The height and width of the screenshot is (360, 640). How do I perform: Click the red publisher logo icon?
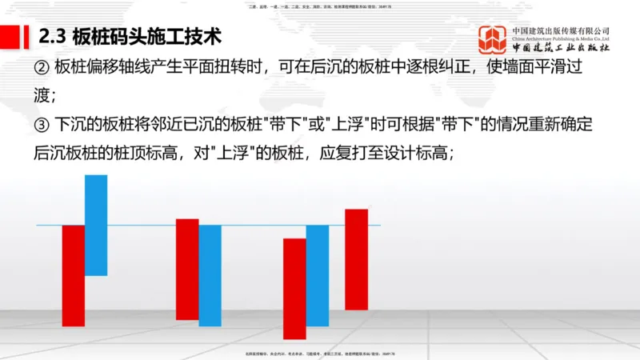[493, 40]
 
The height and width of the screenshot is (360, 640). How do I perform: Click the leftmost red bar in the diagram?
[73, 275]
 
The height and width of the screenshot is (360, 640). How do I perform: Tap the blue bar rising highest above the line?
[96, 225]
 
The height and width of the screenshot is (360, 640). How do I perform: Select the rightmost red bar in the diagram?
[356, 259]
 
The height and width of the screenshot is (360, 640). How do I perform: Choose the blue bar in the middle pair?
[210, 275]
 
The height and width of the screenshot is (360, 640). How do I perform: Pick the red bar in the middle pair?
[187, 269]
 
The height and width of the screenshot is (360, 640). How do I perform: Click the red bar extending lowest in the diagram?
[294, 288]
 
